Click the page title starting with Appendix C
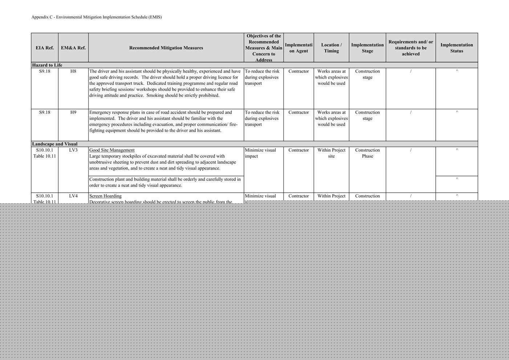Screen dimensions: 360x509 click(96, 17)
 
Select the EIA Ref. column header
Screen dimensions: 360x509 click(45, 48)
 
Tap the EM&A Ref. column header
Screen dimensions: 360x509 click(73, 48)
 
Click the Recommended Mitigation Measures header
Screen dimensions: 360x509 click(166, 48)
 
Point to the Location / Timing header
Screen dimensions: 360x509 click(331, 48)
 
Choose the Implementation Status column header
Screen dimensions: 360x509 click(456, 48)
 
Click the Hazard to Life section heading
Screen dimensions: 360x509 click(47, 65)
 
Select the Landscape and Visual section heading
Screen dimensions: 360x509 click(55, 144)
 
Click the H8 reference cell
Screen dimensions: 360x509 click(73, 71)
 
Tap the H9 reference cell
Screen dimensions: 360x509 click(73, 112)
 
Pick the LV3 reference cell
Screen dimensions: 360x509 click(73, 150)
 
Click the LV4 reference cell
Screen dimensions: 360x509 click(73, 196)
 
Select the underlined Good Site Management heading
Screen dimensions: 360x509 click(112, 150)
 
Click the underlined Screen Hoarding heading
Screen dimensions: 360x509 click(105, 196)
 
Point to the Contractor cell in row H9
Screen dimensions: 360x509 click(298, 112)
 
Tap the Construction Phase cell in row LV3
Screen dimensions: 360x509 click(367, 153)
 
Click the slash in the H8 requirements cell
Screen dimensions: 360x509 click(411, 71)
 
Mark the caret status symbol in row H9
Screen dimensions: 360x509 click(457, 112)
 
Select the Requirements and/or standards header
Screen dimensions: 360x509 click(411, 48)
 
